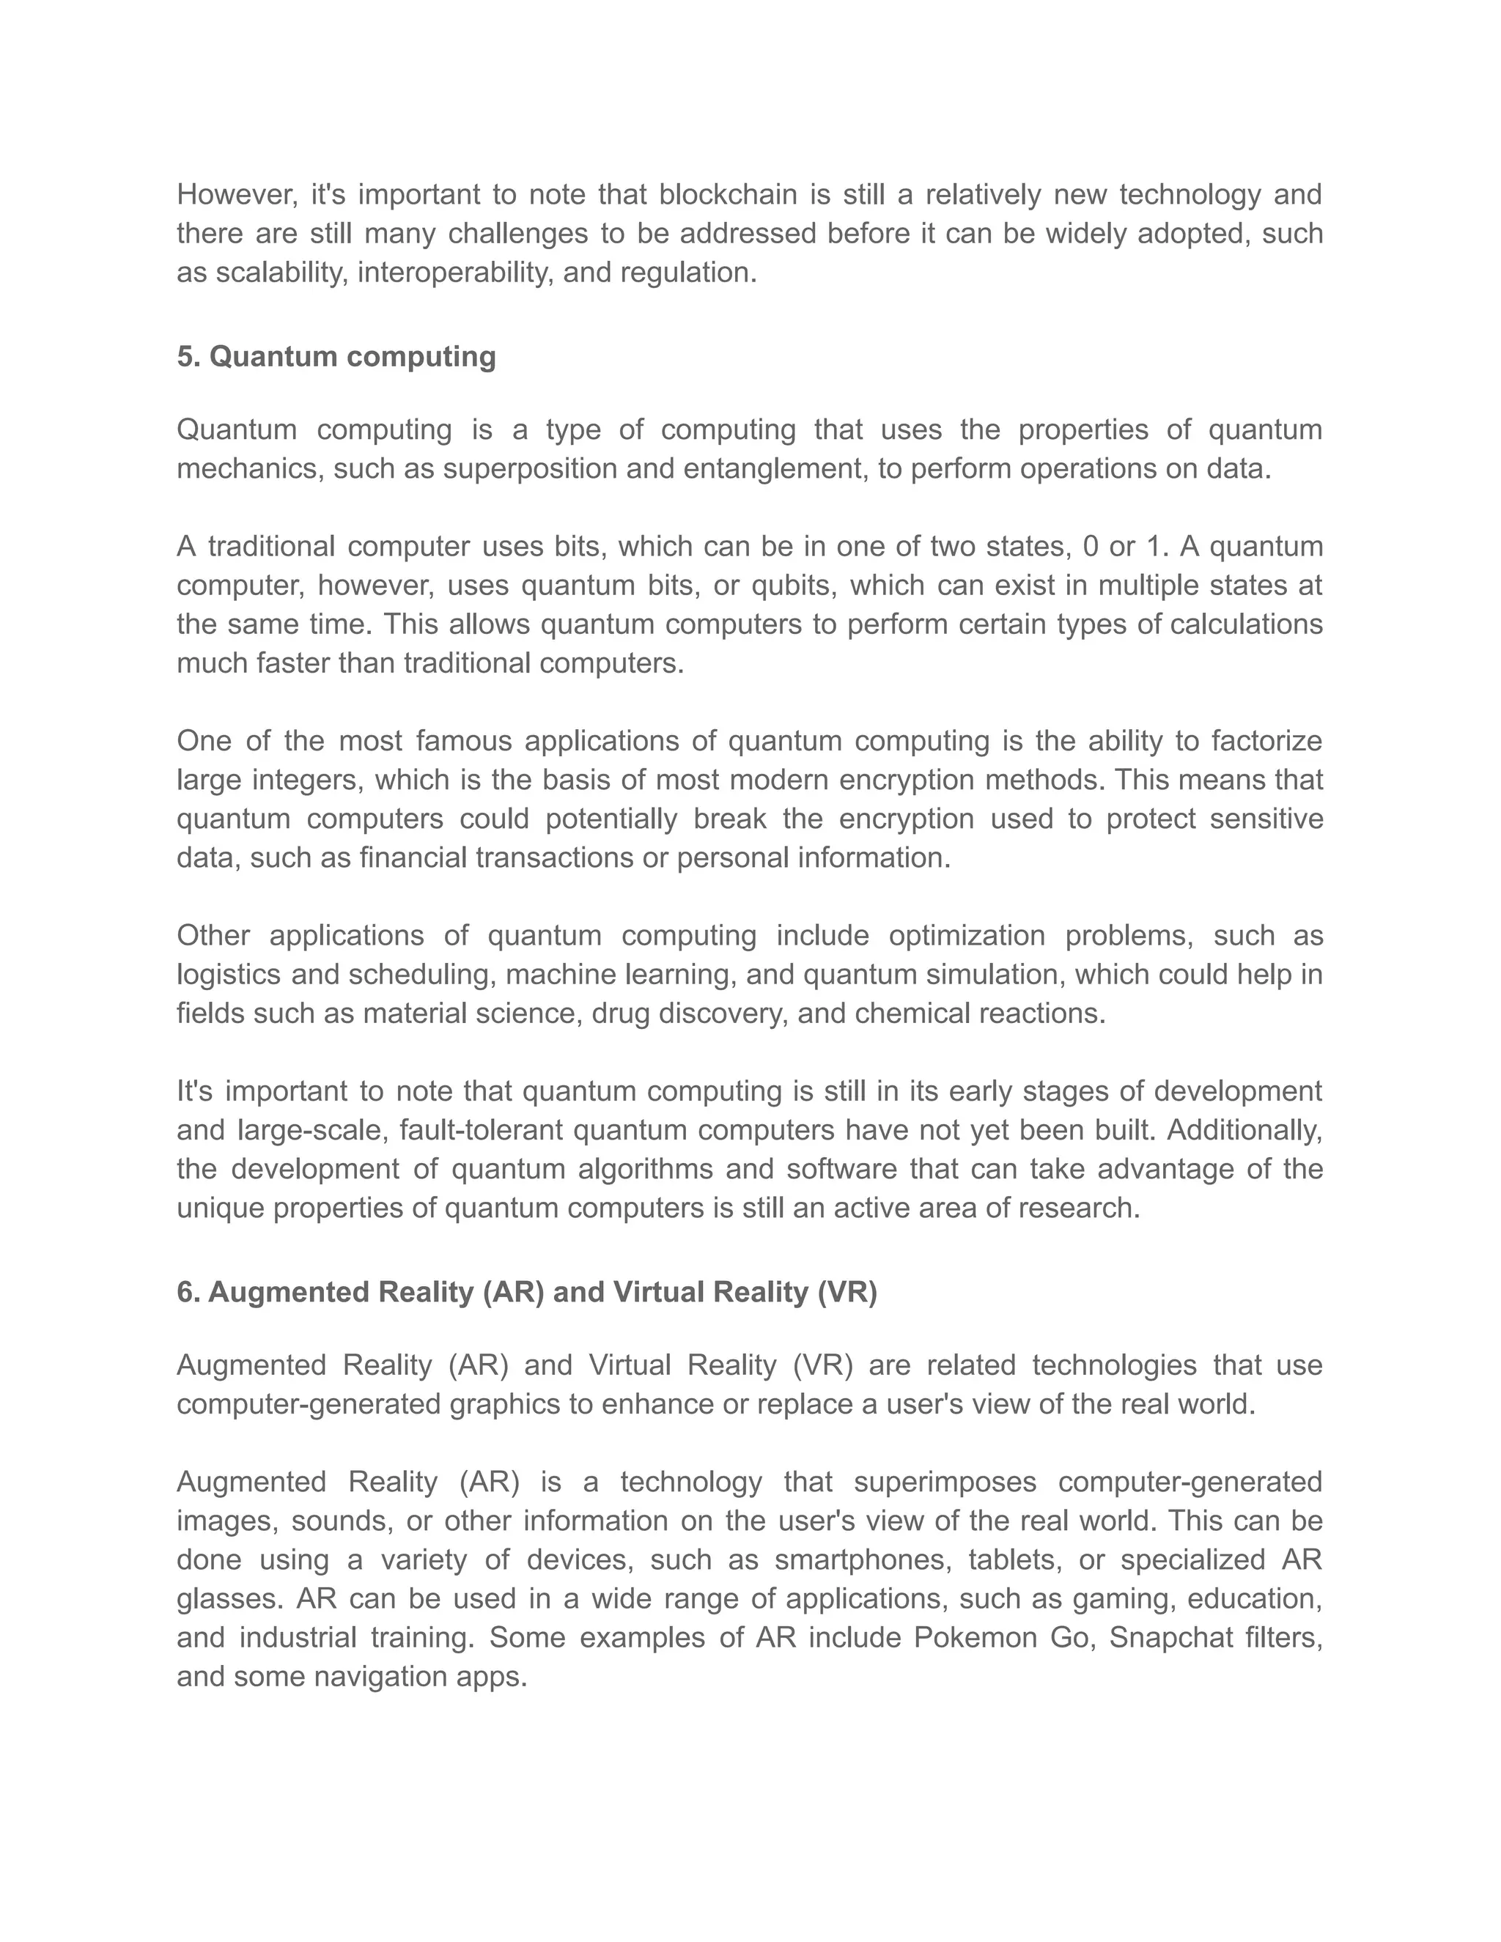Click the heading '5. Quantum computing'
pyautogui.click(x=336, y=357)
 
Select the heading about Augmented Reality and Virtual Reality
pyautogui.click(x=526, y=1292)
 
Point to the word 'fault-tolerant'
pyautogui.click(x=481, y=1130)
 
